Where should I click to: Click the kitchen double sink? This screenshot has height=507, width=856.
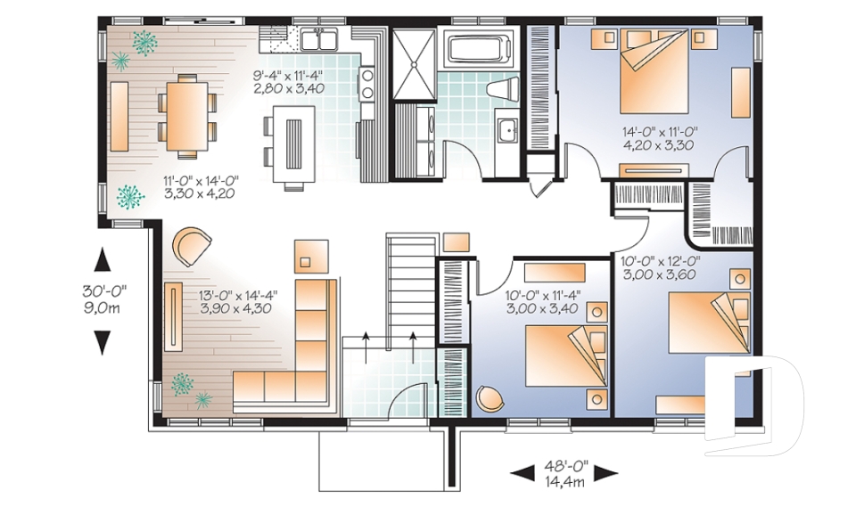[x=319, y=40]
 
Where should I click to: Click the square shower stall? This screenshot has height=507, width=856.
[x=415, y=65]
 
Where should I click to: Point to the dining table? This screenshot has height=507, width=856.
[x=187, y=116]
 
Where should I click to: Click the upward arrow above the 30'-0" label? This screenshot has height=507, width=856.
[x=102, y=259]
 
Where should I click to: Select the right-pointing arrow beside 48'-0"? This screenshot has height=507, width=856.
[x=606, y=472]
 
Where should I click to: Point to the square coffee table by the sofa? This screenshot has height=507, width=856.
[x=311, y=256]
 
